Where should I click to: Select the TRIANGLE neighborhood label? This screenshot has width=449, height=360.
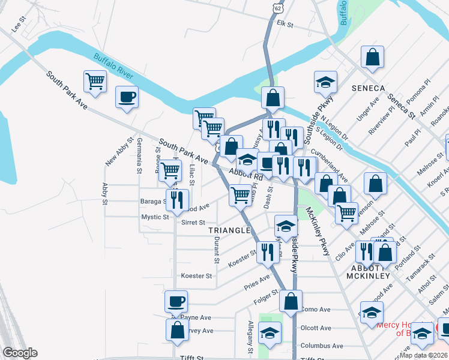coord(229,230)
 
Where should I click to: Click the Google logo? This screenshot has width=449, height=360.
coord(20,353)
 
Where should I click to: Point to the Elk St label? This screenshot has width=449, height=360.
coord(285,25)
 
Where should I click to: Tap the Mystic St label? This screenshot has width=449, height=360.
coord(155,217)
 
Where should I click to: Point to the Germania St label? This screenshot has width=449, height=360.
coord(139,162)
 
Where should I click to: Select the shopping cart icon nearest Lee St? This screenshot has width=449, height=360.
coord(95,82)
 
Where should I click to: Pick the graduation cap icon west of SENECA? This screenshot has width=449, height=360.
coord(325,82)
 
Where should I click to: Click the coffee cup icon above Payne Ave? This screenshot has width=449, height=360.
coord(176,301)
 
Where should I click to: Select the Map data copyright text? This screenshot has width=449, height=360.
coord(423,354)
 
